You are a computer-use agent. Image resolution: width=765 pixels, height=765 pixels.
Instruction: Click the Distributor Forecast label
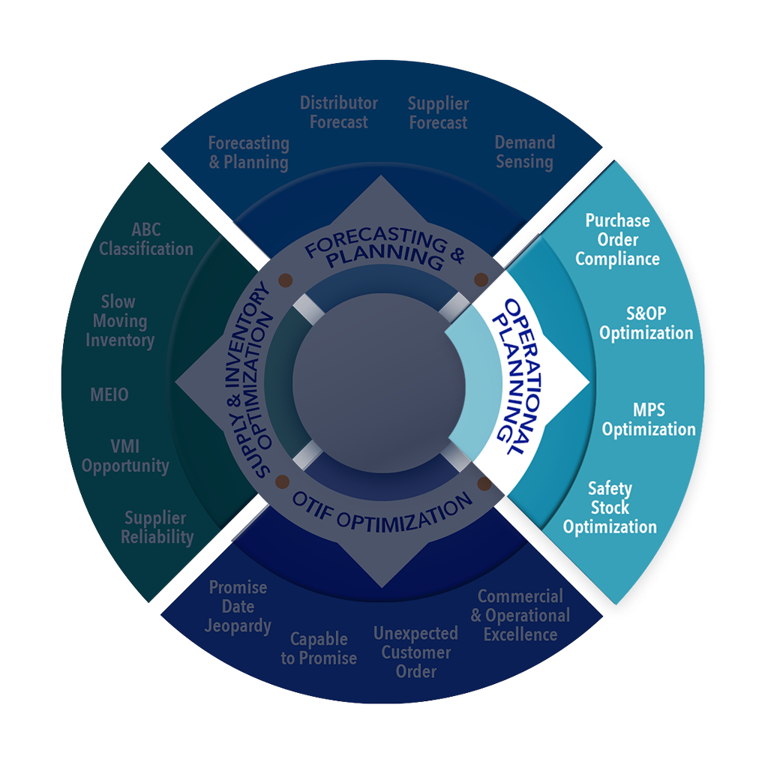(x=339, y=112)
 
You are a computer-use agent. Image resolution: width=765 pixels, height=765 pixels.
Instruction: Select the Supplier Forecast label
(x=438, y=113)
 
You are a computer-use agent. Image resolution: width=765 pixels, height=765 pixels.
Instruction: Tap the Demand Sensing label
(x=524, y=151)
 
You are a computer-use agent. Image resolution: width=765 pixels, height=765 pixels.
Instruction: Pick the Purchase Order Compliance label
(x=618, y=240)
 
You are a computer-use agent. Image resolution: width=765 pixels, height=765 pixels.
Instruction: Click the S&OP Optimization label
(x=646, y=322)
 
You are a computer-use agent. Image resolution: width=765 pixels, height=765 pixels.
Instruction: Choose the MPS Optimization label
(x=649, y=420)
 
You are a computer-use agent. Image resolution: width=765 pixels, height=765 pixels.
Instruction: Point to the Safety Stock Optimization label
(x=610, y=508)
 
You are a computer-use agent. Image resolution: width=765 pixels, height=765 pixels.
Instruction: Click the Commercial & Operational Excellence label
(x=520, y=615)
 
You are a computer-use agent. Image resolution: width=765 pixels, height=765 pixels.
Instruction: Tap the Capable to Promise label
(x=319, y=649)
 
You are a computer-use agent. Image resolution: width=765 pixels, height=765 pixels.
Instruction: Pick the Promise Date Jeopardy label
(x=238, y=606)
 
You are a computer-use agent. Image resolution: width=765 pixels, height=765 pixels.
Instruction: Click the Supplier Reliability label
(x=157, y=527)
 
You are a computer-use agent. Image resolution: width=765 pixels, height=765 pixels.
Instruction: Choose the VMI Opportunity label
(x=125, y=456)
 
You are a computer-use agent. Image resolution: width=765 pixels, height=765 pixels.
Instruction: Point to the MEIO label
(x=109, y=394)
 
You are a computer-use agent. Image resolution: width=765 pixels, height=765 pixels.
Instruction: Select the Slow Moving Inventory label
(x=119, y=321)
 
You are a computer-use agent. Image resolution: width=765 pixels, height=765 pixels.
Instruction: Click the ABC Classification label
(x=146, y=238)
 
